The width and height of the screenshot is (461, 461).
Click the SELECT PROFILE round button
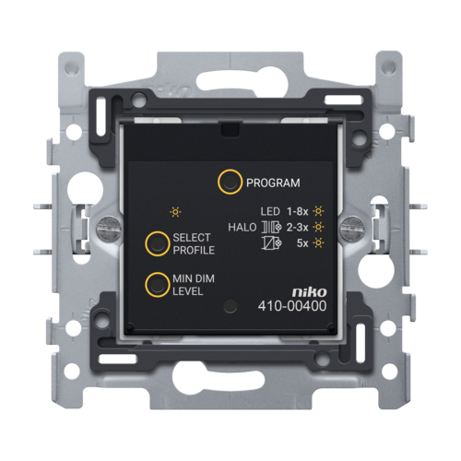click(158, 243)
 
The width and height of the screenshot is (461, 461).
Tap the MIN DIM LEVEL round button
click(158, 285)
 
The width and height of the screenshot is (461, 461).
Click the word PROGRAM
click(273, 183)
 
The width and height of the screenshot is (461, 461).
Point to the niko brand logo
click(309, 292)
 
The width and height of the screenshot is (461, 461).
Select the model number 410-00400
click(292, 306)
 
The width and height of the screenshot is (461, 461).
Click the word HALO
click(242, 228)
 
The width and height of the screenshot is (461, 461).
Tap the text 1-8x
click(297, 211)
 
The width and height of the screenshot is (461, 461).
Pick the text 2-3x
click(297, 228)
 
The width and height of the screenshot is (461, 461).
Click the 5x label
click(302, 243)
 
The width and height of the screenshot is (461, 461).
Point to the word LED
click(270, 211)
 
